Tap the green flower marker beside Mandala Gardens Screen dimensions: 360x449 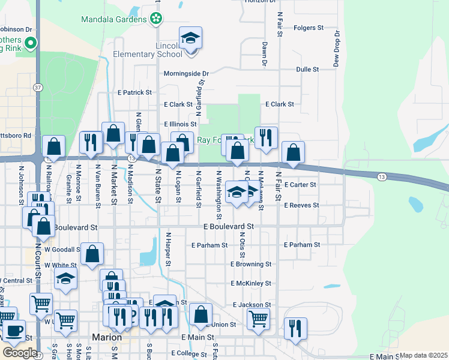tap(156, 19)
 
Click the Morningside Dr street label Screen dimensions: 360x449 tap(186, 74)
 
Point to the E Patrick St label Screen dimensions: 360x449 tap(135, 93)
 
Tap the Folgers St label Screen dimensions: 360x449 tap(309, 28)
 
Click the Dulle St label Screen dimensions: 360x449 tap(307, 70)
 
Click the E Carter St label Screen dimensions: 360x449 tap(300, 185)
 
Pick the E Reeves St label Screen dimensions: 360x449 tap(301, 205)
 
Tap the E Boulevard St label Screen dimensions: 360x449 tap(229, 227)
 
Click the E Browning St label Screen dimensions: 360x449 tap(251, 264)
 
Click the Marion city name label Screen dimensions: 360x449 tap(107, 337)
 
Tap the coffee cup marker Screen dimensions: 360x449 tap(14, 330)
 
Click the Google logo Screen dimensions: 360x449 tap(19, 353)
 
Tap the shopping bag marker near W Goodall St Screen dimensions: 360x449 tap(92, 254)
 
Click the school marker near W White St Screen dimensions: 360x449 tap(66, 278)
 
